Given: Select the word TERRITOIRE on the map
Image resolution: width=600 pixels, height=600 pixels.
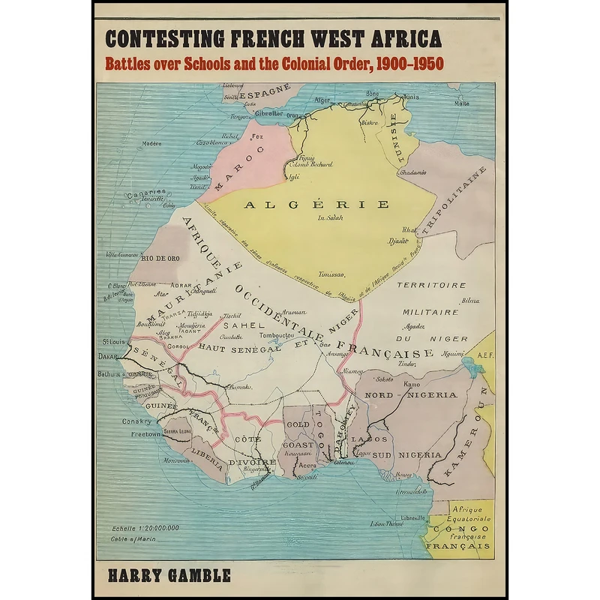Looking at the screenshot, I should (431, 285).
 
